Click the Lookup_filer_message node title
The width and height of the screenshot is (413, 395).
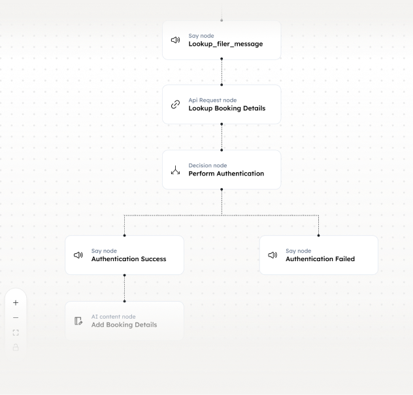click(x=225, y=44)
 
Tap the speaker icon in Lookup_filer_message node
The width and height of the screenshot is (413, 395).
click(x=175, y=40)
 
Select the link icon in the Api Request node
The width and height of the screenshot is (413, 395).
click(x=175, y=104)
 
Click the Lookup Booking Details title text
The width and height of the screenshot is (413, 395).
click(x=227, y=108)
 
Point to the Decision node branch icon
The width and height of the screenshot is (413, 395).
click(x=175, y=170)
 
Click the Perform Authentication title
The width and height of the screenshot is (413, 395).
click(x=226, y=174)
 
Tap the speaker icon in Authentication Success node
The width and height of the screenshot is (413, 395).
click(x=78, y=255)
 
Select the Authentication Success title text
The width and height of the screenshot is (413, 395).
click(x=129, y=259)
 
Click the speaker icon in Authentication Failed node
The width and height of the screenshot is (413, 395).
click(x=273, y=255)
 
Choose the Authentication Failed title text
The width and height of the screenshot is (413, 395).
click(x=320, y=259)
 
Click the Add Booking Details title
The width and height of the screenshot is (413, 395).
click(x=124, y=324)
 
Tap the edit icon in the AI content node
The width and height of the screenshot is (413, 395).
click(x=78, y=321)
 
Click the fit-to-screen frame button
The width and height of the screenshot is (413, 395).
click(x=16, y=332)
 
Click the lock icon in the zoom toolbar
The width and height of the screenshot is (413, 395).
click(x=16, y=347)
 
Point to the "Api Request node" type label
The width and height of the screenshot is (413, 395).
click(x=212, y=101)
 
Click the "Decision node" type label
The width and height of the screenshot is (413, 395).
click(x=208, y=166)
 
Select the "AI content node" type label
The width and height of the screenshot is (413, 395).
click(x=114, y=317)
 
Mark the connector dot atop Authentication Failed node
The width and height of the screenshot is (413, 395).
click(x=318, y=235)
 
